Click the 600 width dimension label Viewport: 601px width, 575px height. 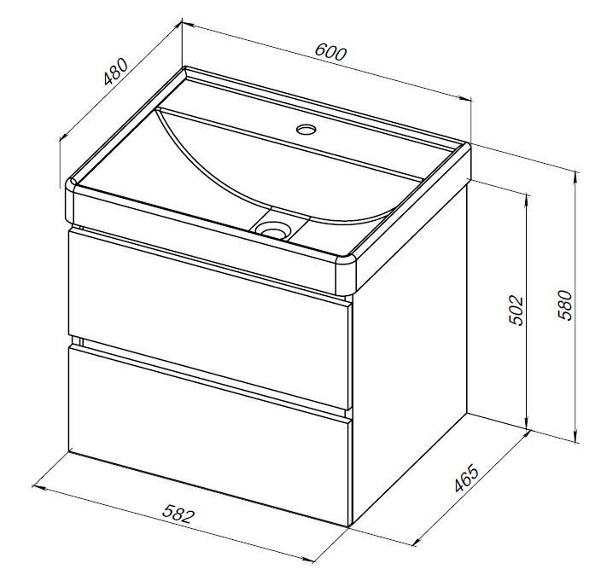pos(330,53)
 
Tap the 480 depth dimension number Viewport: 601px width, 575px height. pos(115,71)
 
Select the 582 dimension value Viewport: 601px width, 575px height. pos(178,514)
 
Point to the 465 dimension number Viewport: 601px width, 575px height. pos(466,478)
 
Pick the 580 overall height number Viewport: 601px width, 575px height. pos(564,305)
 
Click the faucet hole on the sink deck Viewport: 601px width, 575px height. pos(306,129)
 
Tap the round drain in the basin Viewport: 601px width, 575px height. pos(273,230)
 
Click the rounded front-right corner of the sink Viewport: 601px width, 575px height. pos(347,273)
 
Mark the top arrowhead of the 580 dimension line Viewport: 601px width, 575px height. pos(575,177)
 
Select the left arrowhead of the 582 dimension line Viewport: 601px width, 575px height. pos(38,488)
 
